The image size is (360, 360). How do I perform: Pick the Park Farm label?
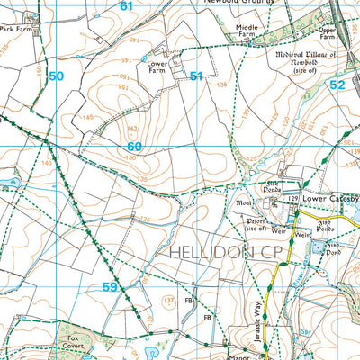[x=19, y=29]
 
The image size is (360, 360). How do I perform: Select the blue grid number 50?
[x=57, y=76]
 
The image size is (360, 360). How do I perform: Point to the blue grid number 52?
[x=337, y=84]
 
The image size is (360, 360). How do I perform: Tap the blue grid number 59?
[x=110, y=287]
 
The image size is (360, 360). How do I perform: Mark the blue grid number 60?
[x=135, y=147]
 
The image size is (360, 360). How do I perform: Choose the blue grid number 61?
[x=125, y=6]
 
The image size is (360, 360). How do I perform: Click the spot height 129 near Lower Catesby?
[x=293, y=198]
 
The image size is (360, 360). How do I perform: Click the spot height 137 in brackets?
[x=167, y=299]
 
